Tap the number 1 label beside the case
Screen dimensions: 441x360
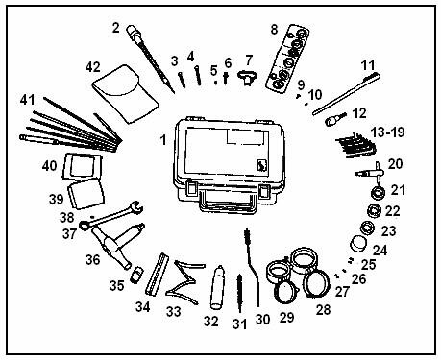(163, 140)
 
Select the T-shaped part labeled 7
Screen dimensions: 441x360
(247, 78)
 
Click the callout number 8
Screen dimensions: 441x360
(274, 30)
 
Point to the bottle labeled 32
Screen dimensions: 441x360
(217, 287)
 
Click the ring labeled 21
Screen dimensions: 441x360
(379, 193)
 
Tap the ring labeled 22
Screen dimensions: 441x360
(374, 210)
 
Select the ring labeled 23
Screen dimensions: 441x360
(368, 228)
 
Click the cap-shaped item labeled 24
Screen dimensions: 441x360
(359, 244)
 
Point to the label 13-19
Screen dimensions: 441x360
(388, 132)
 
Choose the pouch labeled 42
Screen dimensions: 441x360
(125, 93)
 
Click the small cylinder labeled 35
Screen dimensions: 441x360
(136, 275)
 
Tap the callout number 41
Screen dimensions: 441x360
(27, 100)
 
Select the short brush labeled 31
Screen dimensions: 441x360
(239, 293)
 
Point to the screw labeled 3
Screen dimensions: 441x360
(182, 80)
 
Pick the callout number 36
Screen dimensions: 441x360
(92, 259)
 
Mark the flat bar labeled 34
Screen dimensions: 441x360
(157, 274)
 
